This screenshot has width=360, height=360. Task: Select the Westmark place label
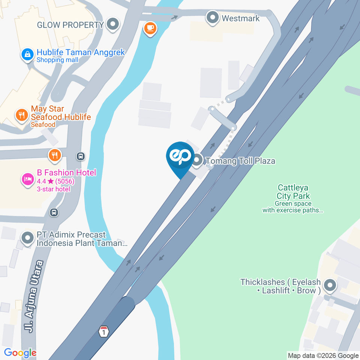pyautogui.click(x=240, y=18)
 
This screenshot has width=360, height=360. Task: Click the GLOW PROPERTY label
pyautogui.click(x=70, y=25)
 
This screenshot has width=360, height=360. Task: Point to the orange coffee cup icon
pyautogui.click(x=150, y=28)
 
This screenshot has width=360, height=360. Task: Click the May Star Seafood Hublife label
pyautogui.click(x=61, y=113)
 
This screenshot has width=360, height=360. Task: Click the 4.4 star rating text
pyautogui.click(x=55, y=181)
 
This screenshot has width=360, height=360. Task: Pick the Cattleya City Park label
pyautogui.click(x=293, y=191)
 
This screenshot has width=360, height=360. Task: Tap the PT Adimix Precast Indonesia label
pyautogui.click(x=82, y=239)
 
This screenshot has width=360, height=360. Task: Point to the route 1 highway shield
pyautogui.click(x=104, y=331)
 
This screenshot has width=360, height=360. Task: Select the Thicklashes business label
pyautogui.click(x=280, y=286)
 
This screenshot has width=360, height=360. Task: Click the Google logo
pyautogui.click(x=20, y=353)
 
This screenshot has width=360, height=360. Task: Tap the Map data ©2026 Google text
pyautogui.click(x=323, y=355)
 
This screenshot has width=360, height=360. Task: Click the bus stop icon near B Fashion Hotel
pyautogui.click(x=80, y=156)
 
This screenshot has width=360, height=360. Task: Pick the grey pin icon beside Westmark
pyautogui.click(x=213, y=18)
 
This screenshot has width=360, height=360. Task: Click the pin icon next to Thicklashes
pyautogui.click(x=330, y=286)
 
